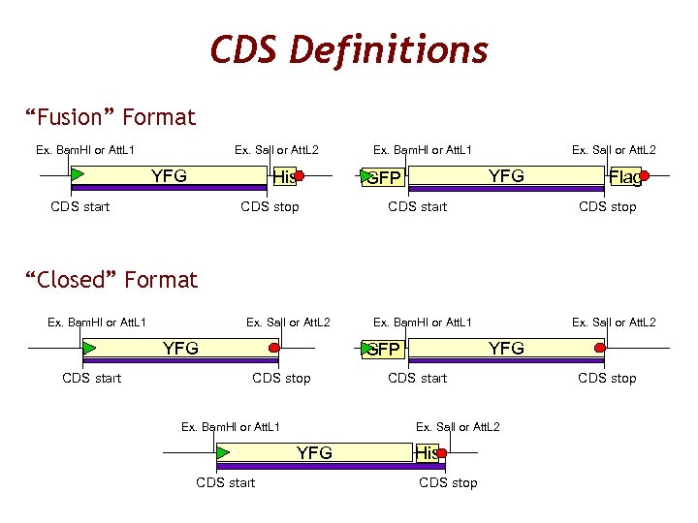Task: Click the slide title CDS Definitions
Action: (x=349, y=49)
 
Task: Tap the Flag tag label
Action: (x=624, y=176)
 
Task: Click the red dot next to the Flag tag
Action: (x=644, y=176)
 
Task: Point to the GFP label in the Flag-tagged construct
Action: (x=383, y=178)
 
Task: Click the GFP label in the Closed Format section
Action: (x=383, y=350)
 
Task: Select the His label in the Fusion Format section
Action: (x=284, y=177)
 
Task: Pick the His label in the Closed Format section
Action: (x=427, y=453)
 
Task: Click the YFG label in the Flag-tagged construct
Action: (x=506, y=175)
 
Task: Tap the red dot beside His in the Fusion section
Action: (x=300, y=176)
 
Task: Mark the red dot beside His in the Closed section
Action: (x=442, y=452)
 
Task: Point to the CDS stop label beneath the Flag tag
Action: (x=607, y=206)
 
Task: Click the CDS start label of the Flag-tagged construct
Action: (x=417, y=206)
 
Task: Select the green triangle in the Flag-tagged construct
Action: (x=366, y=176)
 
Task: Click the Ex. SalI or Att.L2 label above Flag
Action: (x=613, y=150)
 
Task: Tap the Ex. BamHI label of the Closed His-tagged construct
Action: (x=231, y=427)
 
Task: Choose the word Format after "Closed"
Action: (x=161, y=281)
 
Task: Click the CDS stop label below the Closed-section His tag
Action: (x=448, y=482)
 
